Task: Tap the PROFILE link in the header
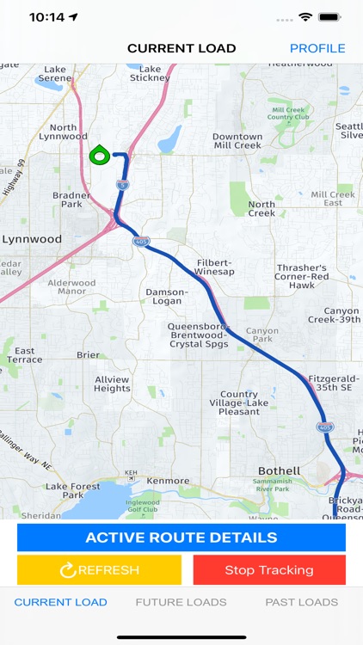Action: pyautogui.click(x=317, y=48)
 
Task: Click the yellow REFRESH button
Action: pyautogui.click(x=99, y=569)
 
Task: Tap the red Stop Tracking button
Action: pyautogui.click(x=269, y=569)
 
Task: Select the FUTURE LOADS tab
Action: pyautogui.click(x=181, y=602)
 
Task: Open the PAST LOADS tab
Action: pyautogui.click(x=301, y=602)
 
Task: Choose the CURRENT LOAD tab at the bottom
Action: pyautogui.click(x=60, y=602)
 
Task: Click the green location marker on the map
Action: pyautogui.click(x=99, y=156)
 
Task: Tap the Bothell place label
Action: pyautogui.click(x=280, y=471)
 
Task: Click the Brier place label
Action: pyautogui.click(x=89, y=354)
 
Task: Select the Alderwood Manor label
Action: pyautogui.click(x=72, y=287)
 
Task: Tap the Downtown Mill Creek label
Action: pyautogui.click(x=237, y=141)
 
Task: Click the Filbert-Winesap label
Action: pyautogui.click(x=215, y=267)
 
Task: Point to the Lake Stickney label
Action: pyautogui.click(x=150, y=74)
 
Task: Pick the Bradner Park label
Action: pyautogui.click(x=71, y=200)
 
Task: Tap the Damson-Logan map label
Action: pyautogui.click(x=166, y=297)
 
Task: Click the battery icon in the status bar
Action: pyautogui.click(x=329, y=17)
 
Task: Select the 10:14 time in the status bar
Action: pyautogui.click(x=47, y=17)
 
